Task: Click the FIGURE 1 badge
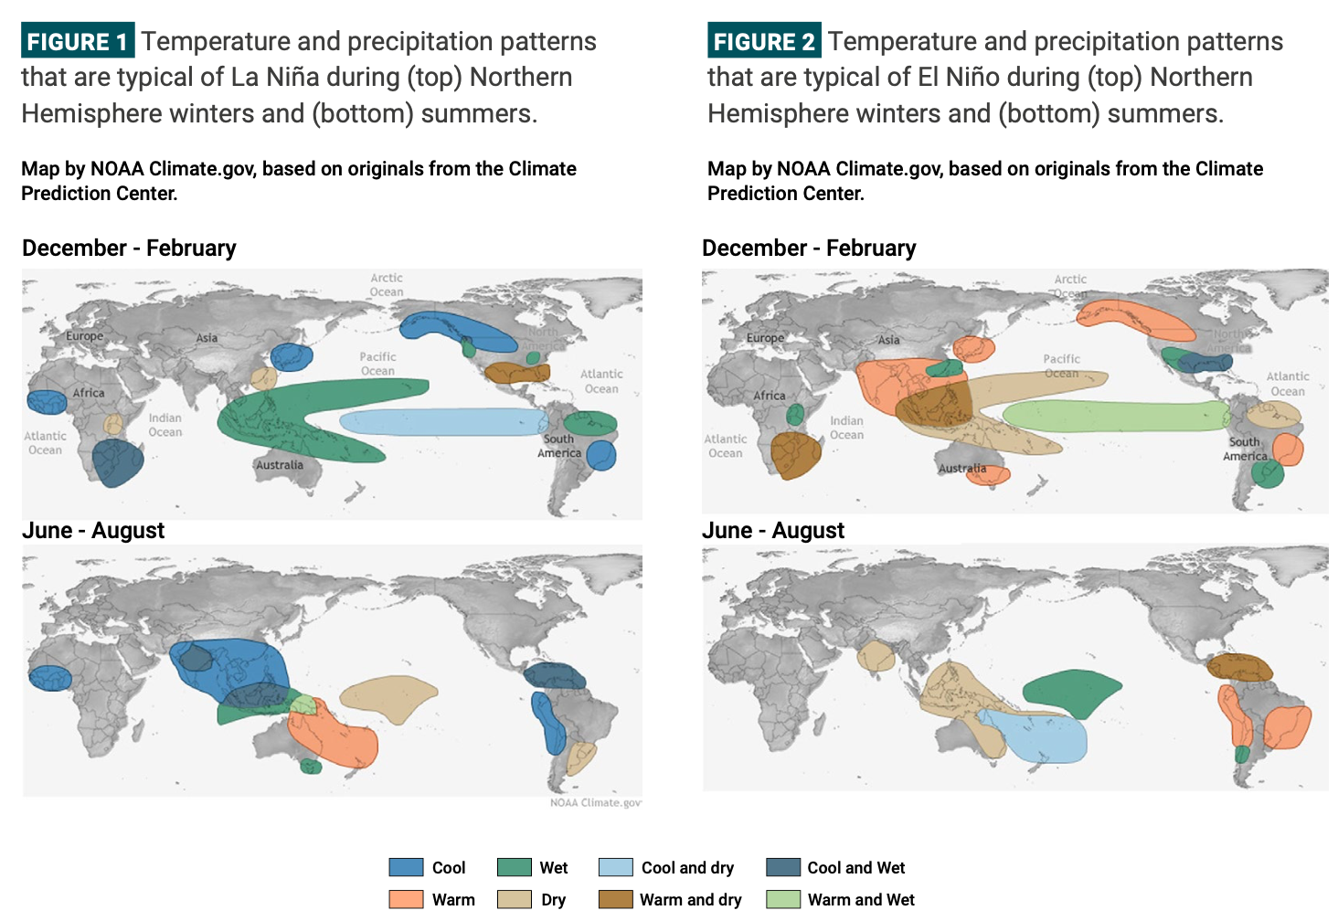pyautogui.click(x=78, y=41)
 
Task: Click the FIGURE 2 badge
pyautogui.click(x=764, y=41)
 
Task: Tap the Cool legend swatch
pyautogui.click(x=406, y=867)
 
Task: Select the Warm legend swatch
pyautogui.click(x=406, y=899)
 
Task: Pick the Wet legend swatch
pyautogui.click(x=515, y=867)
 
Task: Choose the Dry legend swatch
pyautogui.click(x=515, y=899)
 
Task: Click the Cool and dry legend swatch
pyautogui.click(x=616, y=867)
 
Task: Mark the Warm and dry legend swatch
pyautogui.click(x=616, y=899)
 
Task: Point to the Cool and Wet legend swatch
pyautogui.click(x=783, y=867)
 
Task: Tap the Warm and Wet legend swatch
pyautogui.click(x=783, y=899)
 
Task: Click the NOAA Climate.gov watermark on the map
pyautogui.click(x=595, y=802)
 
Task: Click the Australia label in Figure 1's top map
pyautogui.click(x=279, y=465)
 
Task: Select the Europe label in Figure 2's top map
pyautogui.click(x=765, y=338)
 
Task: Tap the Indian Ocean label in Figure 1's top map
pyautogui.click(x=165, y=425)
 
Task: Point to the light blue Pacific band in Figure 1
pyautogui.click(x=443, y=422)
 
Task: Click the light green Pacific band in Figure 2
pyautogui.click(x=1115, y=416)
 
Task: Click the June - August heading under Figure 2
pyautogui.click(x=773, y=531)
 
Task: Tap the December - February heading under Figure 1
pyautogui.click(x=129, y=249)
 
